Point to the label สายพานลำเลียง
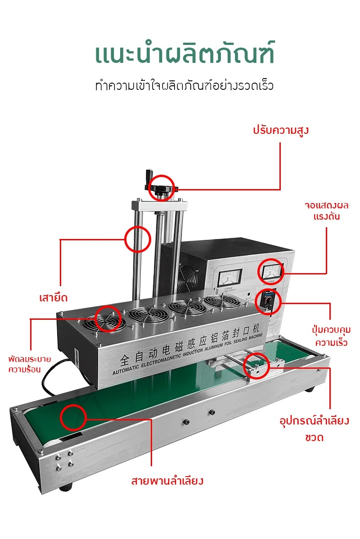tap(167, 481)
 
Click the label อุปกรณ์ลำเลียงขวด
tap(315, 429)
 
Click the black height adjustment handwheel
tap(161, 188)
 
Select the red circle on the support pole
tap(137, 239)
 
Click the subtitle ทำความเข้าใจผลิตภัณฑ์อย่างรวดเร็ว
tap(184, 85)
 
